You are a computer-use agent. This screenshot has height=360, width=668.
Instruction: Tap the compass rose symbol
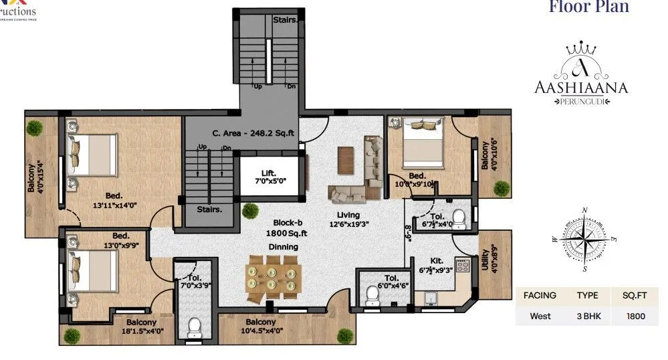tap(585, 239)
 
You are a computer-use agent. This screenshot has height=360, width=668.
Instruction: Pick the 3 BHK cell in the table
tap(586, 316)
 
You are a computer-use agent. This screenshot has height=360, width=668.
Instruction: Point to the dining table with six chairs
tap(272, 280)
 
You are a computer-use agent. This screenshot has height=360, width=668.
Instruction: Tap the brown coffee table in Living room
tap(346, 158)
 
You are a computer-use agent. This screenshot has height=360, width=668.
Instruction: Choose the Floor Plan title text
tap(588, 8)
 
